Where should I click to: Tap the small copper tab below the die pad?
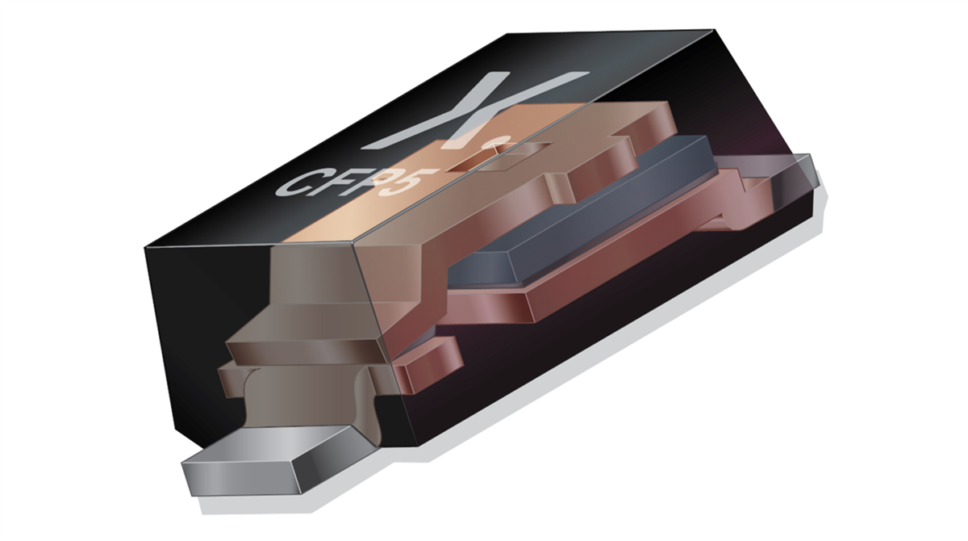click(428, 363)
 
